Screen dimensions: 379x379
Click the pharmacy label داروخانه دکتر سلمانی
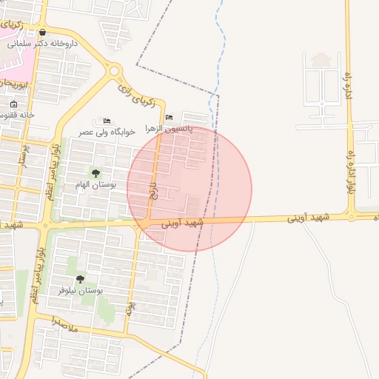[43, 44]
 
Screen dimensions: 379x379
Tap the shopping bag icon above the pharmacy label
[42, 33]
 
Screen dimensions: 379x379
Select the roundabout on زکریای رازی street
[114, 71]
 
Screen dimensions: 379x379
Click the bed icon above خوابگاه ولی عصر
[107, 121]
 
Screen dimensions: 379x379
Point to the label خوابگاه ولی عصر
[107, 132]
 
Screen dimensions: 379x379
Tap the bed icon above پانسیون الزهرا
[170, 118]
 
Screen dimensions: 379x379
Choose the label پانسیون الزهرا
[170, 128]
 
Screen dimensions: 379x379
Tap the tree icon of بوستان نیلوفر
[80, 279]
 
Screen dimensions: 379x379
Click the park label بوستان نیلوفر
[80, 290]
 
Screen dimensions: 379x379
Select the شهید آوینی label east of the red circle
[309, 218]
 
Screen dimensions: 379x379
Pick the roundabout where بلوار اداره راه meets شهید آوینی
[352, 217]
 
